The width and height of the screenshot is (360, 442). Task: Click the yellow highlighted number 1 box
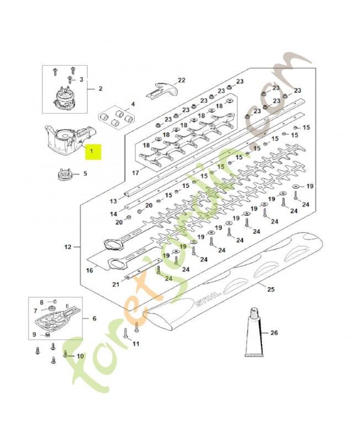click(93, 151)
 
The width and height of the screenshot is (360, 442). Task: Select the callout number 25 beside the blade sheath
click(271, 289)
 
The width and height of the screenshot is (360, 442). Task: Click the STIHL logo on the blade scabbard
click(208, 298)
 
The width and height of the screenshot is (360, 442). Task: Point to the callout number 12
click(68, 247)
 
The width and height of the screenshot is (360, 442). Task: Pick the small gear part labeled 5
click(65, 175)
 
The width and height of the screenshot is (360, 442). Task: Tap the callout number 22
click(182, 80)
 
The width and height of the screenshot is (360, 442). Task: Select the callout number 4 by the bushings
click(133, 104)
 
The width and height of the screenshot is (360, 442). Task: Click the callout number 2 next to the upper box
click(100, 88)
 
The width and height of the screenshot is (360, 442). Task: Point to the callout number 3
click(81, 80)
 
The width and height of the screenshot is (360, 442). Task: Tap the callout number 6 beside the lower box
click(94, 319)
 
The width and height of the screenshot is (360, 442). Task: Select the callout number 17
click(135, 172)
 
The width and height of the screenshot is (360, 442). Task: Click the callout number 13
click(113, 201)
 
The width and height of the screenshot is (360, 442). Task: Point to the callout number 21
click(116, 285)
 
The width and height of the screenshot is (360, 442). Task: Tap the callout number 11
click(136, 344)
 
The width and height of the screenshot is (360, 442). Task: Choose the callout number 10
click(80, 356)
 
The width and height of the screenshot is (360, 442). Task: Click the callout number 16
click(89, 271)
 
